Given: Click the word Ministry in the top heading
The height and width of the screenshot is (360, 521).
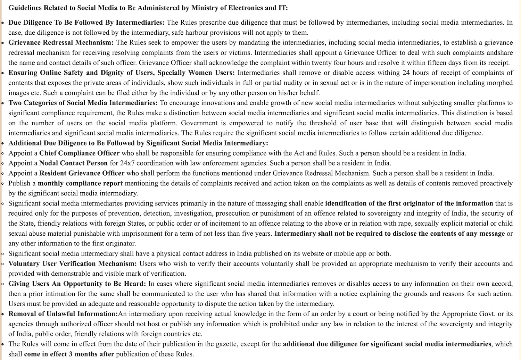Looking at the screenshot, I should point(195,8).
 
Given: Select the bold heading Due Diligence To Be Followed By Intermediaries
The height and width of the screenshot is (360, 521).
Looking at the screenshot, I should point(86,23).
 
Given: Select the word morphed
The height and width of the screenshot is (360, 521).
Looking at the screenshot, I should point(498,83).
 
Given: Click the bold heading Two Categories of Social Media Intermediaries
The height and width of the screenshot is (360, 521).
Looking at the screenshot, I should point(83,103).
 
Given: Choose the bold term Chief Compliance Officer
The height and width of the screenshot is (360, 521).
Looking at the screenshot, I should point(79,153).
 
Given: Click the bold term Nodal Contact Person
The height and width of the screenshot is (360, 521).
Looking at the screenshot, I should point(73,163).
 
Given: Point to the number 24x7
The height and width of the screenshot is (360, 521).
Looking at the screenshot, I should point(128,163).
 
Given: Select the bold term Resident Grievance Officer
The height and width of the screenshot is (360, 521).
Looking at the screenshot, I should point(82,173).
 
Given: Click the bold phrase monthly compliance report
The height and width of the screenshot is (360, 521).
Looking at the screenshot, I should point(80,183).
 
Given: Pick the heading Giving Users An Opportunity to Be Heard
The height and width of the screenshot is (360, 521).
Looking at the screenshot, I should point(77,284).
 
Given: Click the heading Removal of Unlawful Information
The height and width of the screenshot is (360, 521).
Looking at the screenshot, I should point(63,314).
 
